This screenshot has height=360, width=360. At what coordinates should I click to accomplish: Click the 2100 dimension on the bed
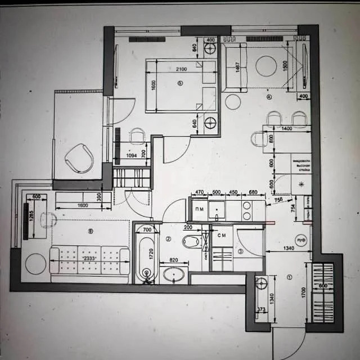(x=181, y=69)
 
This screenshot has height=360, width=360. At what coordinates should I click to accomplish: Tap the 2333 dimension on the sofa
(x=88, y=258)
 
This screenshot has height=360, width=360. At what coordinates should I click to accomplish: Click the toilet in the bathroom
(x=192, y=242)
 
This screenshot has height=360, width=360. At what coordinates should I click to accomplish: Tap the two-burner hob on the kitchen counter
(x=247, y=210)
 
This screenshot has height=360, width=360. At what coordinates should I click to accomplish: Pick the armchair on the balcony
(x=79, y=157)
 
